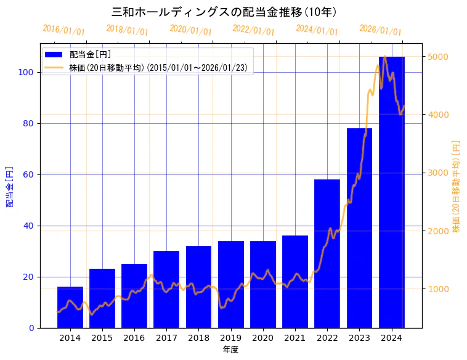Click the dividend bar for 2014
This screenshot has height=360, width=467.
(70, 307)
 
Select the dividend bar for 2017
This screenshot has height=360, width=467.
(166, 289)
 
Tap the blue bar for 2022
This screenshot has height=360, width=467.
(327, 253)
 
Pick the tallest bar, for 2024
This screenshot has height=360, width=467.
(392, 192)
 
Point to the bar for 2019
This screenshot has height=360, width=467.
(231, 284)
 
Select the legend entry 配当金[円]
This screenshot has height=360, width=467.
(90, 54)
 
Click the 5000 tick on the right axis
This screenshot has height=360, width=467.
(439, 57)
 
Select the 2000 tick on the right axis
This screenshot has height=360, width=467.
(439, 231)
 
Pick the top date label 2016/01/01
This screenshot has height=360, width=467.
(64, 30)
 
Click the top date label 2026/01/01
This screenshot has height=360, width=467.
(380, 30)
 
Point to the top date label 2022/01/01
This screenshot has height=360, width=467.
(253, 30)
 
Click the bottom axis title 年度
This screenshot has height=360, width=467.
(230, 350)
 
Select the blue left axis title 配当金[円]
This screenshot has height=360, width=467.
(10, 186)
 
